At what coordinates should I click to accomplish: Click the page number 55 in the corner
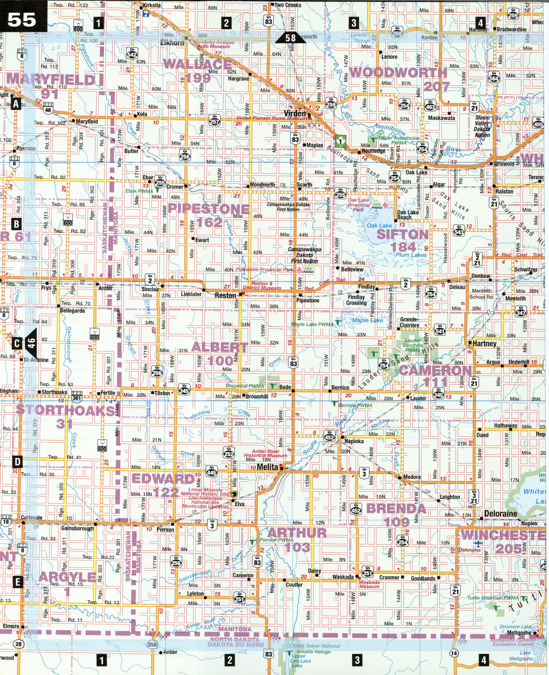click(22, 20)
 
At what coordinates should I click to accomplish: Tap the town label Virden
click(295, 114)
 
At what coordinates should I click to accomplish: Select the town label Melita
click(267, 467)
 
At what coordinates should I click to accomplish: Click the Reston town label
click(225, 296)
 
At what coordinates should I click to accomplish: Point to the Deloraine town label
click(501, 514)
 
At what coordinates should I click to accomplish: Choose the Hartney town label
click(484, 344)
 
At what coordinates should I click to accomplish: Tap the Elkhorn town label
click(172, 43)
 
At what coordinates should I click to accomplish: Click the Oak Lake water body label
click(379, 226)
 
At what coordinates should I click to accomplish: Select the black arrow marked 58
click(291, 38)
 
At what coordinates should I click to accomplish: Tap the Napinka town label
click(354, 441)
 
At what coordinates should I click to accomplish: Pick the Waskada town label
click(343, 577)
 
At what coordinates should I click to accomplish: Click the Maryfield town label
click(87, 121)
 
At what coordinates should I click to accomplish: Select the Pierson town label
click(165, 530)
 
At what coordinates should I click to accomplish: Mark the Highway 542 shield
click(132, 54)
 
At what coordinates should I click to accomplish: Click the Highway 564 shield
click(494, 77)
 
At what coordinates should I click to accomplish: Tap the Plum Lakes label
click(411, 255)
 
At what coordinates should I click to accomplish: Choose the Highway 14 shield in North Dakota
click(454, 653)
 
